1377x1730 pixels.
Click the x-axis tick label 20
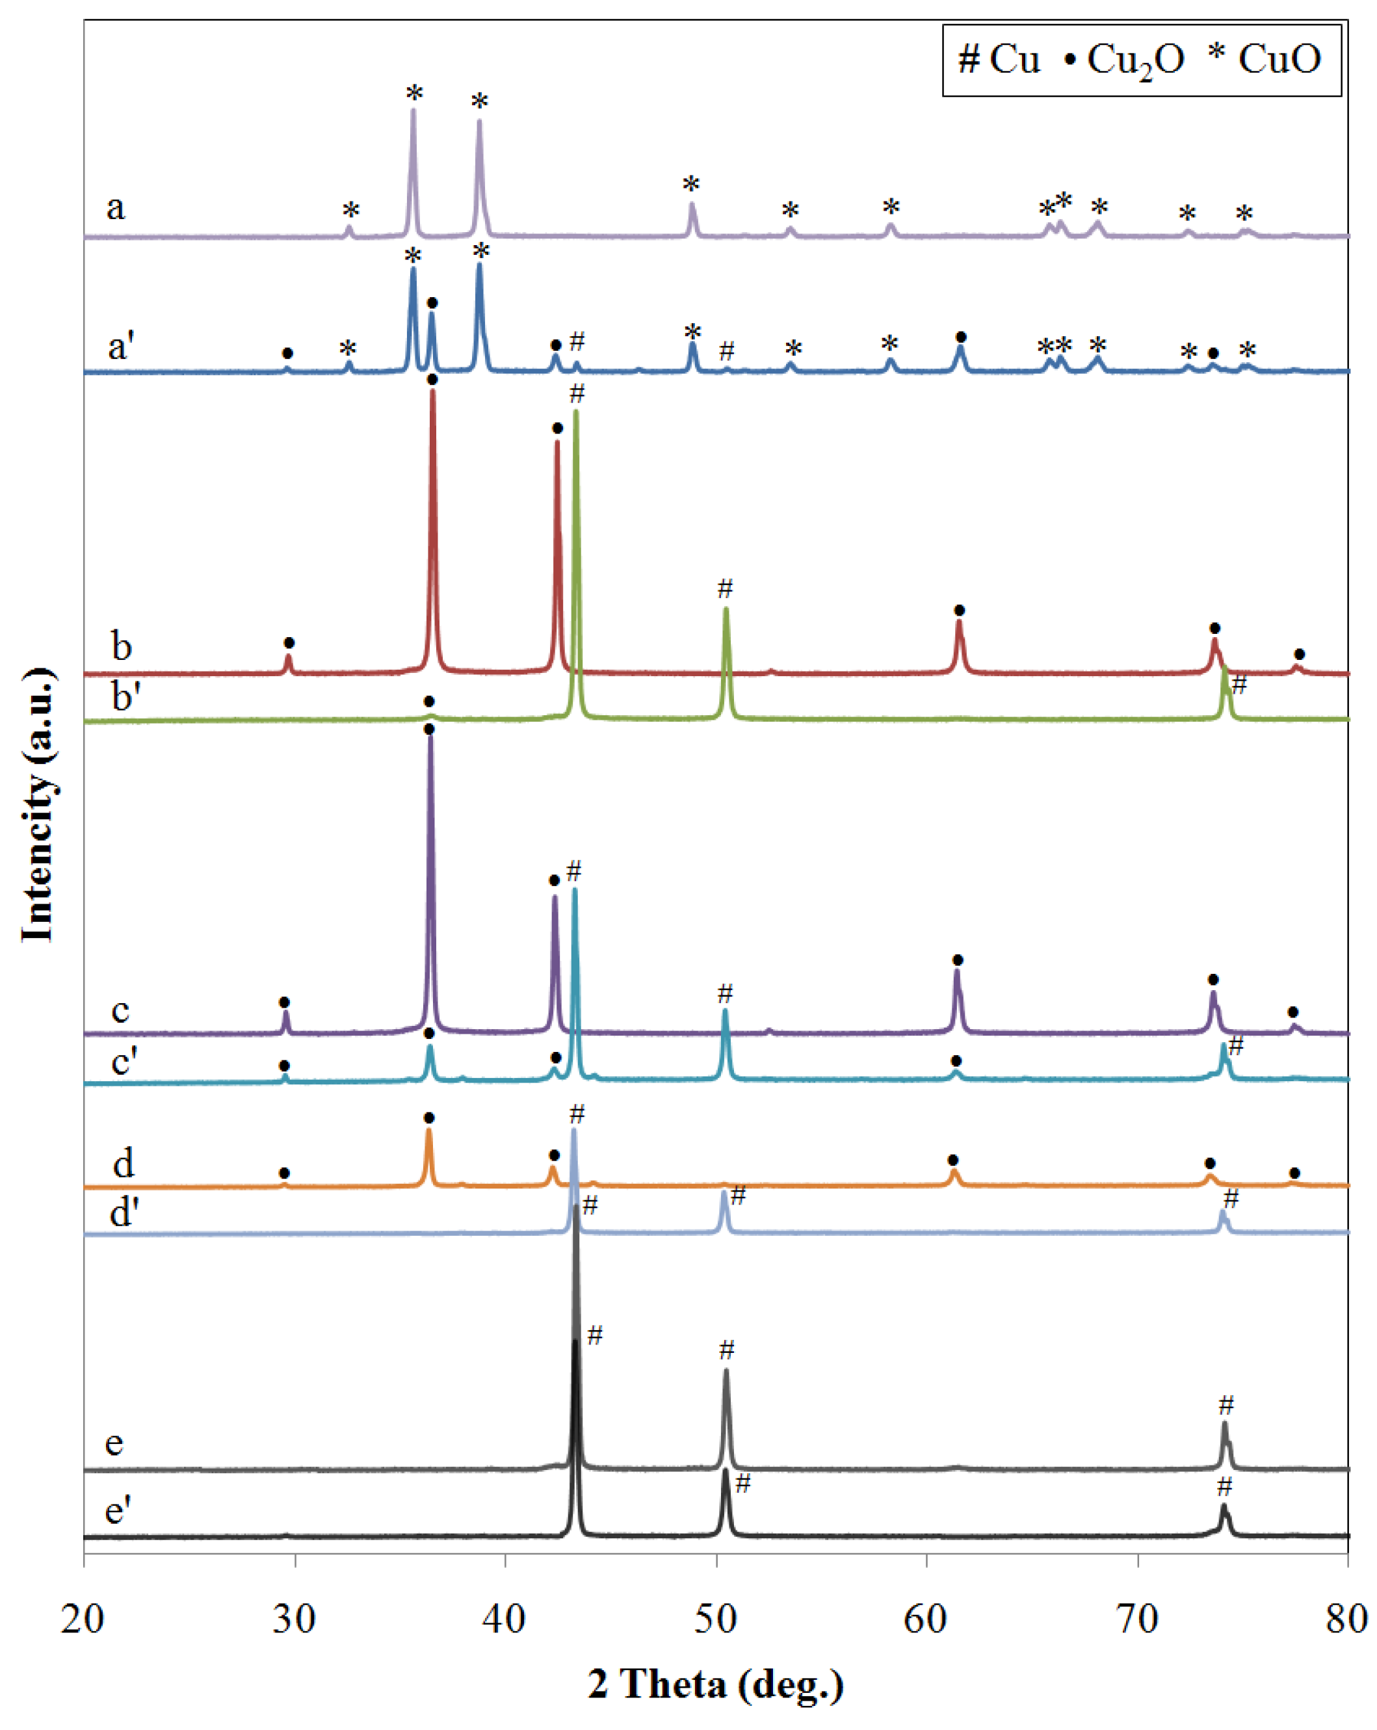[83, 1618]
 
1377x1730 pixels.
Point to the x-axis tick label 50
[716, 1618]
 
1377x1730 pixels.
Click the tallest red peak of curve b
[434, 393]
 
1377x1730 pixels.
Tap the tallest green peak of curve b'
[575, 413]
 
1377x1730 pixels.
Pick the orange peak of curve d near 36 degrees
[428, 1131]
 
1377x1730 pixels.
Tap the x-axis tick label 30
[295, 1618]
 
